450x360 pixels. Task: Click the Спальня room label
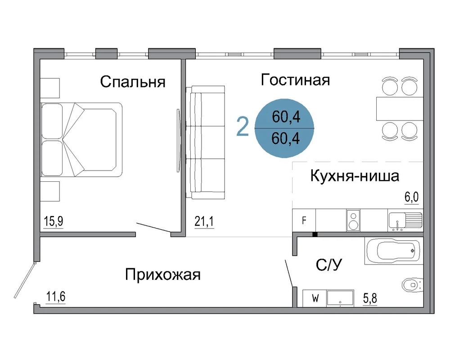tap(133, 81)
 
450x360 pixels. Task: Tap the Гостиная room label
tap(295, 80)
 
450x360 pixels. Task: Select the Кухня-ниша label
tap(355, 175)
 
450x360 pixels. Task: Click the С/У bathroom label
tap(329, 265)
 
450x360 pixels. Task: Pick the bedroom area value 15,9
tap(54, 221)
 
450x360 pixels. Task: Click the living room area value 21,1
tap(204, 221)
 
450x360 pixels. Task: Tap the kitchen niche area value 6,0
tap(412, 197)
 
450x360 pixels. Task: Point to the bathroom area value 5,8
tap(370, 298)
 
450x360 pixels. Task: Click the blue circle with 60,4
tap(284, 128)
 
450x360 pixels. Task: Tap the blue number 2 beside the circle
tap(243, 127)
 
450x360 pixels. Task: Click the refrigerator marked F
tap(304, 220)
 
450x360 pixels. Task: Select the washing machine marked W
tap(315, 298)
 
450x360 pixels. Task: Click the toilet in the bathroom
tap(413, 285)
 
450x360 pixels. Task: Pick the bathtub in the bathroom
tap(394, 251)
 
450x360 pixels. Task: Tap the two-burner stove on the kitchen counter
tap(353, 220)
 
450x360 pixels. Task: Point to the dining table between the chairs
tap(400, 108)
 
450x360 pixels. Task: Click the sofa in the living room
tap(205, 142)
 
